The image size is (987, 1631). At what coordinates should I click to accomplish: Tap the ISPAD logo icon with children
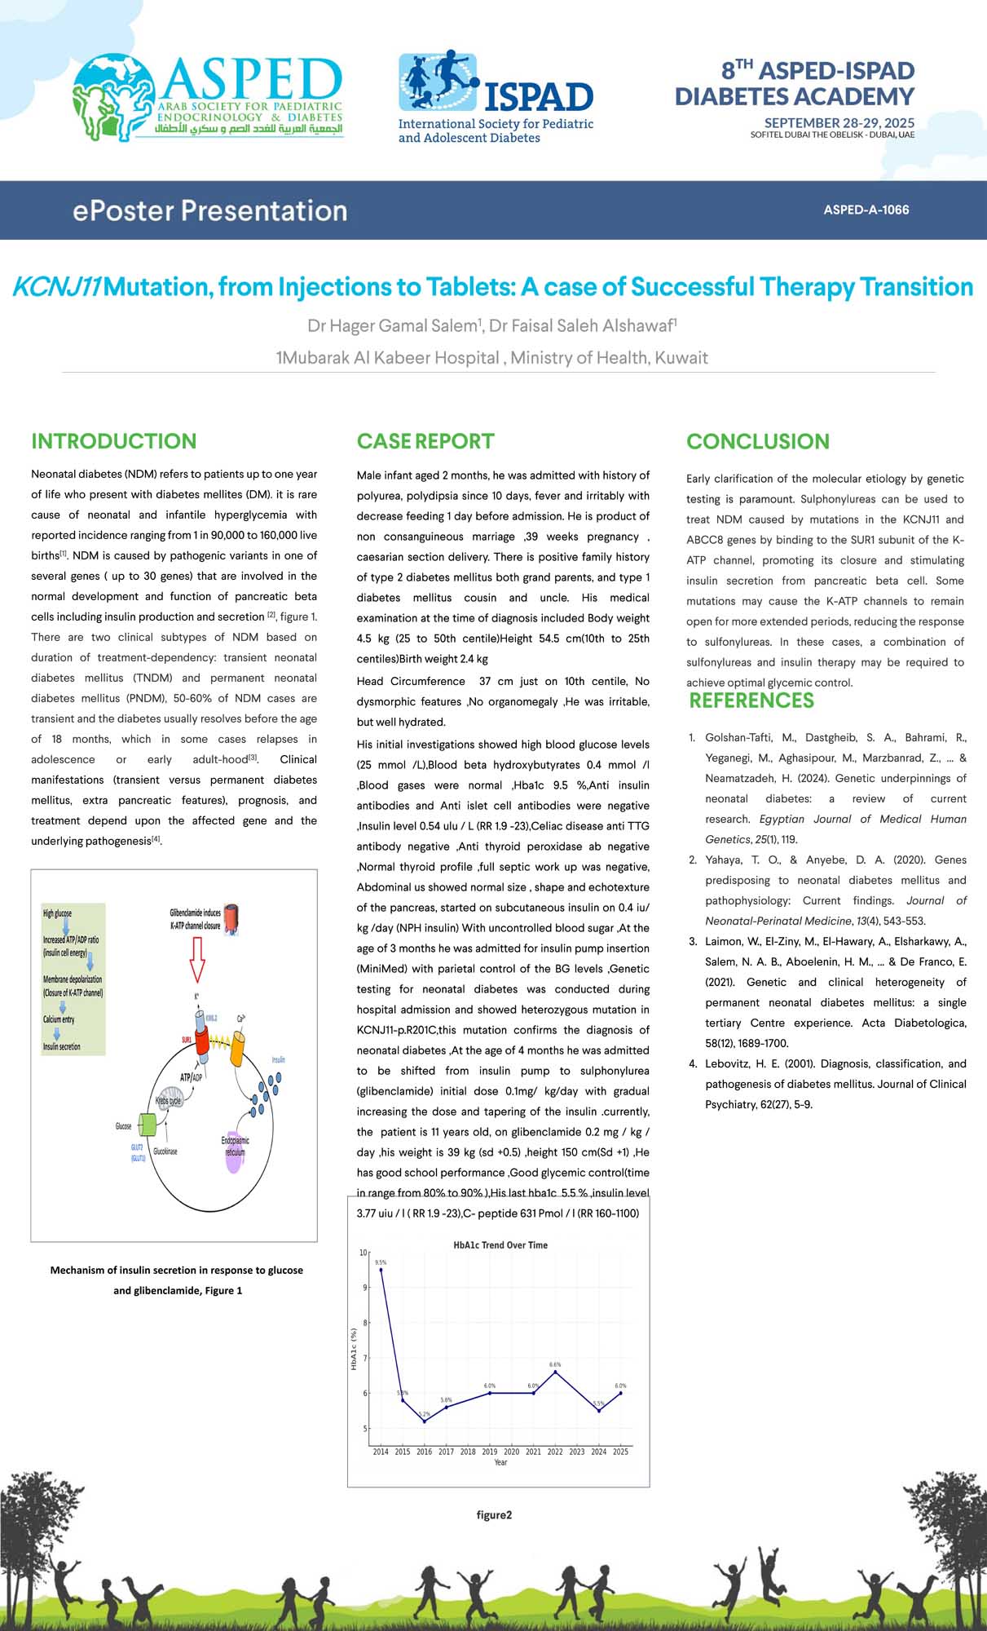click(438, 82)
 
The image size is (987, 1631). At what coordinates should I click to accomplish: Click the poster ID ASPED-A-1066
click(866, 210)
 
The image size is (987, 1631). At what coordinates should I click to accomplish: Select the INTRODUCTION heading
click(113, 441)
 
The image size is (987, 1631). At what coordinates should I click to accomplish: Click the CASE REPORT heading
click(425, 441)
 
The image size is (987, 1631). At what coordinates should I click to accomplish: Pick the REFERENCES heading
click(751, 701)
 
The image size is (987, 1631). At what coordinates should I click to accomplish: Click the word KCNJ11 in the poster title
click(56, 287)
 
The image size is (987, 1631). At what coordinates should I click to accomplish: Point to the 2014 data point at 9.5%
click(381, 1269)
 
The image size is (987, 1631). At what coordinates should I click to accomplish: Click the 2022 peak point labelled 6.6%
click(555, 1372)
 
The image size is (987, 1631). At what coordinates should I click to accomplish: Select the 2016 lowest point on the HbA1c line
click(424, 1421)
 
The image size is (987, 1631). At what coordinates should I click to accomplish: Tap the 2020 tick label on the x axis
click(511, 1452)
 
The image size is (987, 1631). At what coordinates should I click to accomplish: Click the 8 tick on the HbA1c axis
click(364, 1323)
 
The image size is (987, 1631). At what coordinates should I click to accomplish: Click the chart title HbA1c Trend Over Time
click(500, 1245)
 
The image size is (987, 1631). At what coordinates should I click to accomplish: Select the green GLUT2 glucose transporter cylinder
click(148, 1125)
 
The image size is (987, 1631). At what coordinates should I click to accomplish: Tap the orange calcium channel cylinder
click(237, 1048)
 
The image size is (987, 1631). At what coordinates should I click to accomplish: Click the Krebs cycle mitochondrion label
click(169, 1101)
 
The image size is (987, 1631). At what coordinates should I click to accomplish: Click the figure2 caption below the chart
click(494, 1515)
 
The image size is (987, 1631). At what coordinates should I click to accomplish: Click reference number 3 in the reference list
click(692, 941)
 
